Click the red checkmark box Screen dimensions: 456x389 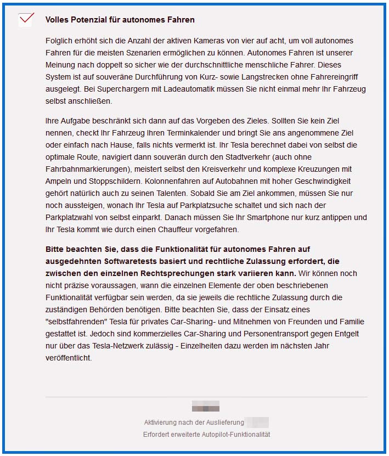tap(26, 19)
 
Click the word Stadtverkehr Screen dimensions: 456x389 tap(260, 156)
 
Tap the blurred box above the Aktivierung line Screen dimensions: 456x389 tap(205, 407)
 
